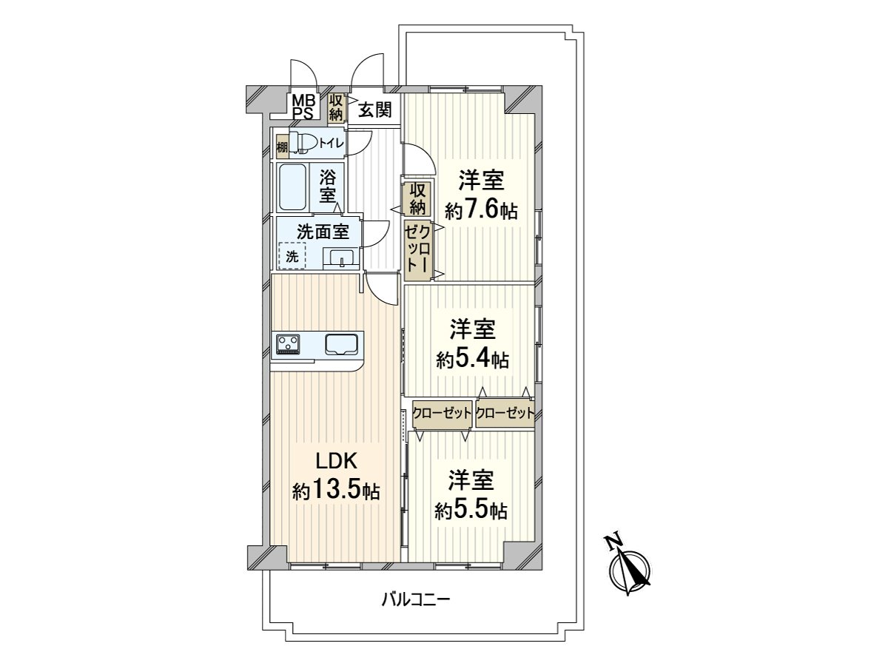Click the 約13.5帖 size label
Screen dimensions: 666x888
tap(337, 491)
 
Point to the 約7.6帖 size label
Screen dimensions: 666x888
tap(481, 210)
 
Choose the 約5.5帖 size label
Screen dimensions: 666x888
tap(471, 510)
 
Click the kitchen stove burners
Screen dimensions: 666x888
tap(289, 343)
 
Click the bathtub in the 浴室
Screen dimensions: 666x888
tap(294, 188)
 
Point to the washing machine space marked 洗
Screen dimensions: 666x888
tap(293, 257)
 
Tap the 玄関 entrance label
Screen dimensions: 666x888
tap(375, 111)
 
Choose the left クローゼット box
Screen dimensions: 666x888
tap(442, 414)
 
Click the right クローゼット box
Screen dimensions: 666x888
tap(505, 414)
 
